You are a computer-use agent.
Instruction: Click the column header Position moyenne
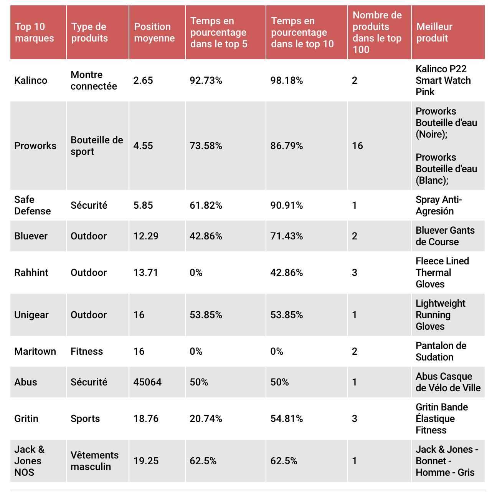click(154, 32)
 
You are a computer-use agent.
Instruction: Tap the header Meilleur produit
click(434, 32)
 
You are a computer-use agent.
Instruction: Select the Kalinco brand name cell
click(31, 80)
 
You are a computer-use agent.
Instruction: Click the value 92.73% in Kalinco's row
click(206, 80)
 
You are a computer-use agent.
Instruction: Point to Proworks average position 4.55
click(143, 146)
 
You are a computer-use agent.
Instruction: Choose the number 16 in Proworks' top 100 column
click(357, 146)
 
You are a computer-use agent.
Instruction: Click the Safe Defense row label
click(33, 205)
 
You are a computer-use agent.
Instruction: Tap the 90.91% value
click(287, 205)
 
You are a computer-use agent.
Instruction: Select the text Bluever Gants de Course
click(445, 236)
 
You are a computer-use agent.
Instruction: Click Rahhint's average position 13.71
click(145, 272)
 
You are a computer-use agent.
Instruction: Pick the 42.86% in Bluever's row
click(206, 236)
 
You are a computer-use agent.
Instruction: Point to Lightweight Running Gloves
click(440, 315)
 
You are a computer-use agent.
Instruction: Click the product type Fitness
click(87, 351)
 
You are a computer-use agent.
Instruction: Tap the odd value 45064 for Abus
click(147, 382)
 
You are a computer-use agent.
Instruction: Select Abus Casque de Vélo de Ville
click(448, 382)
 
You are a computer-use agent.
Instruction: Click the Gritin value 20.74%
click(206, 419)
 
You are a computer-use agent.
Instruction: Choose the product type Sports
click(85, 419)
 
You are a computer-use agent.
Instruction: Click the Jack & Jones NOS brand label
click(29, 461)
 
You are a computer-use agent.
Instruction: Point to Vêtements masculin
click(94, 461)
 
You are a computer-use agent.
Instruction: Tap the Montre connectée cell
click(94, 80)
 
